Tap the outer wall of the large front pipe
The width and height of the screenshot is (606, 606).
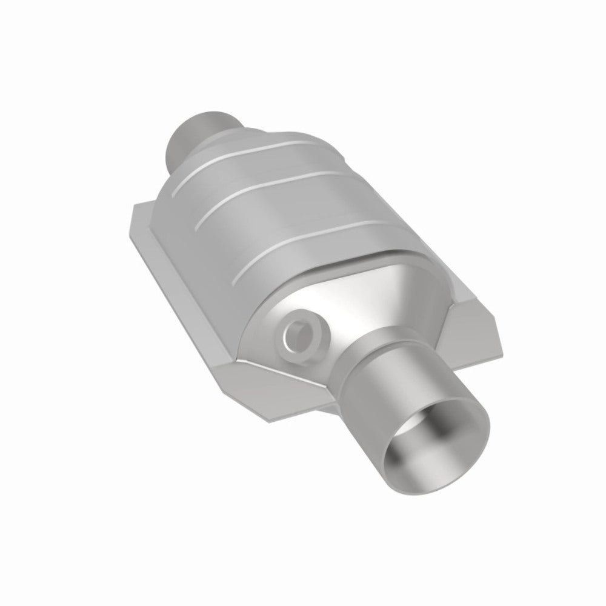tap(424, 376)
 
